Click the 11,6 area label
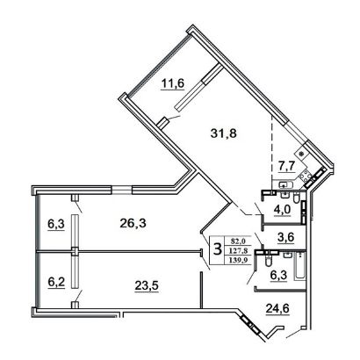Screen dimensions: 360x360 172,83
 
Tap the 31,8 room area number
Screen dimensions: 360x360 224,133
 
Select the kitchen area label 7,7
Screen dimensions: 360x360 286,167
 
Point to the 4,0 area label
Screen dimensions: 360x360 282,210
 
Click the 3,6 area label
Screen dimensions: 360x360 285,236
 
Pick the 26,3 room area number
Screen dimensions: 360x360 133,224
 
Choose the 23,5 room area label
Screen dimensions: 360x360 147,285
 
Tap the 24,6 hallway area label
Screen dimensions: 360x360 277,308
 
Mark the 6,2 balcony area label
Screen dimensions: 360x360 56,283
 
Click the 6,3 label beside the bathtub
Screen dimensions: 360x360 278,275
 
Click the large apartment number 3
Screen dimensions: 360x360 217,249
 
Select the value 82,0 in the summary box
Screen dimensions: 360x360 238,241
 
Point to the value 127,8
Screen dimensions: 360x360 237,250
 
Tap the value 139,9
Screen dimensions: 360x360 237,260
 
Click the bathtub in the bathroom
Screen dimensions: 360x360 299,266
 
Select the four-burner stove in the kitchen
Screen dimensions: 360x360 306,175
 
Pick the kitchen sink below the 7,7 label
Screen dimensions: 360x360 284,184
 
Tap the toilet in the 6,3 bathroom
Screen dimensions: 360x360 268,260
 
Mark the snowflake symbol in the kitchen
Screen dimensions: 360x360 301,153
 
